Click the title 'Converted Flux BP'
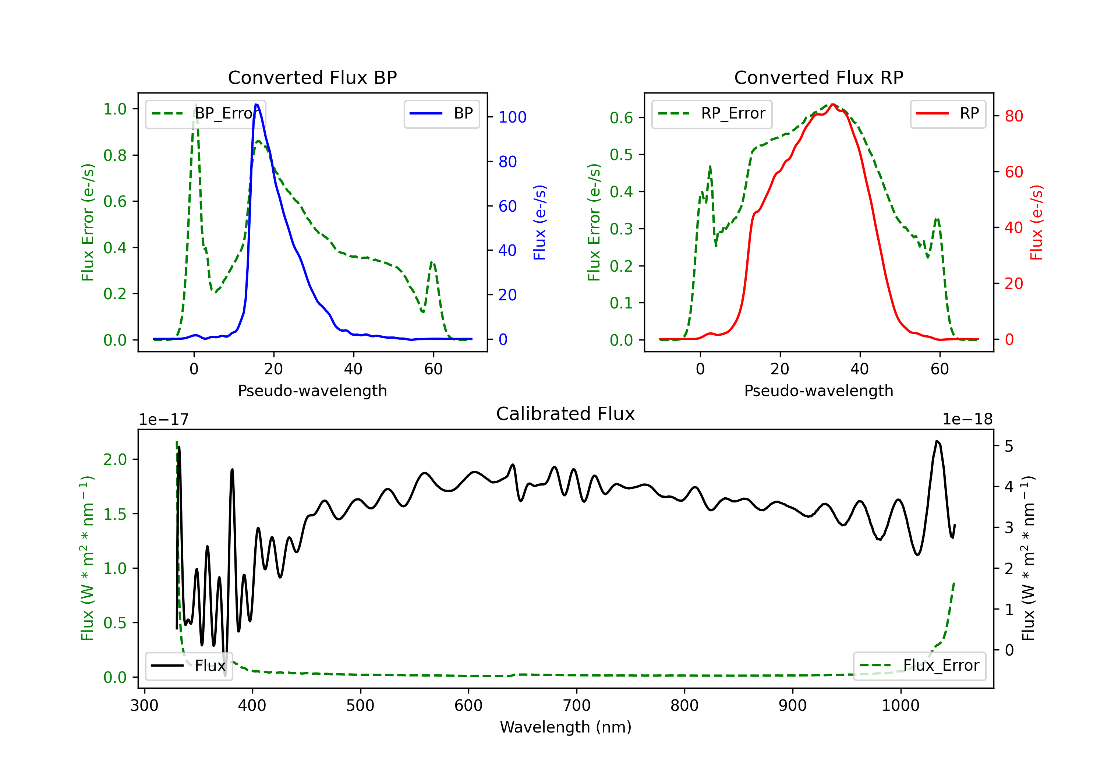tap(312, 77)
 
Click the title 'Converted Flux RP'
tap(818, 77)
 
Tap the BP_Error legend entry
tap(205, 113)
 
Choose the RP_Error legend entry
tap(712, 113)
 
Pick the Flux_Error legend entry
tap(919, 666)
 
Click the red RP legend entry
tap(948, 113)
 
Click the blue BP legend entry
tap(441, 113)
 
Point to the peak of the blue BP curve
tap(256, 105)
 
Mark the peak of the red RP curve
tap(832, 105)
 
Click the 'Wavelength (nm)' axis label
tap(566, 727)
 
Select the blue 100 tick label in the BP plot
tap(512, 117)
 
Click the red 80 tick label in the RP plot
tap(1013, 116)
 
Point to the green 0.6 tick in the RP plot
tap(621, 118)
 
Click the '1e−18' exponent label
tap(967, 420)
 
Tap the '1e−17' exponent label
tap(163, 420)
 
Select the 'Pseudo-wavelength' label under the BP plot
tap(312, 391)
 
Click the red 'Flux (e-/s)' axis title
tap(1036, 222)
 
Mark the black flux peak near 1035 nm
tap(937, 441)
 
